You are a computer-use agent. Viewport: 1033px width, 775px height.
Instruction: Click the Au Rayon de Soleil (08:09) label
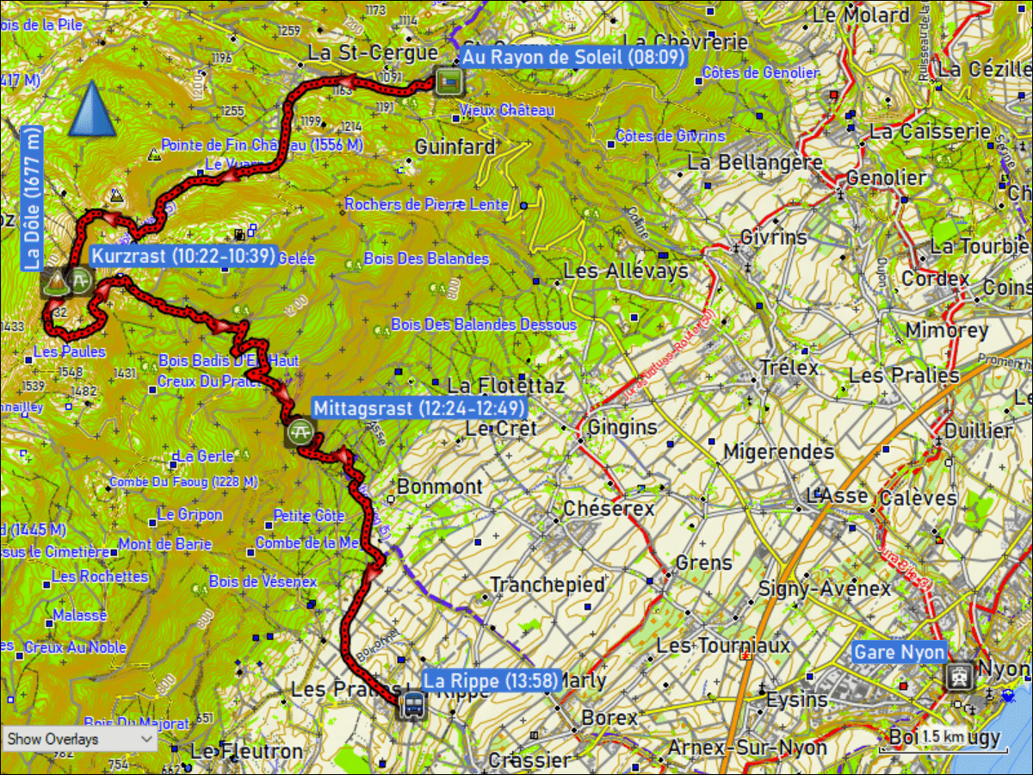coord(573,58)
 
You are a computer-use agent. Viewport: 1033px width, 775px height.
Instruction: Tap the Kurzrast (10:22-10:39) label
coord(183,256)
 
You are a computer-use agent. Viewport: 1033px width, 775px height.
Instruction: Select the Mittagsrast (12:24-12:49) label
coord(418,408)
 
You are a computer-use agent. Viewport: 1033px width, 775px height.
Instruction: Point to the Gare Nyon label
coord(899,652)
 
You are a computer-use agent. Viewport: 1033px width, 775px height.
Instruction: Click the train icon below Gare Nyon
coord(957,676)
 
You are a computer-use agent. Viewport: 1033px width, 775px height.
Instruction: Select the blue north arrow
coord(92,109)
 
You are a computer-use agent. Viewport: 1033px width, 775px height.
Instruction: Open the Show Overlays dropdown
coord(79,739)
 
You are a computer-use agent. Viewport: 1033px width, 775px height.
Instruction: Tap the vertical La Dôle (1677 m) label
coord(33,198)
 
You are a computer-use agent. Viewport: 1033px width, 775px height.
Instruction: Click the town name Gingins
coord(622,427)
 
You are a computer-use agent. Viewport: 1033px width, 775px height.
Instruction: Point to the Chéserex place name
coord(609,509)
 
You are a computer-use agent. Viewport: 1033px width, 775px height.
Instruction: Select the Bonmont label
coord(440,487)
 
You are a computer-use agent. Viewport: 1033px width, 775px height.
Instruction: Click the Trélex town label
coord(789,368)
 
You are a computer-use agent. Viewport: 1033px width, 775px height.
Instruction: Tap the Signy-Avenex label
coord(824,589)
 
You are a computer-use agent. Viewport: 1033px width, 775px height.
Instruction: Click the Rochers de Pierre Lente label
coord(430,205)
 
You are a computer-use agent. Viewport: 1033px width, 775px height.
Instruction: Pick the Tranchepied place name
coord(547,585)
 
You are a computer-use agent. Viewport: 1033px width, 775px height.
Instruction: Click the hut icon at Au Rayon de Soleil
coord(448,81)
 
